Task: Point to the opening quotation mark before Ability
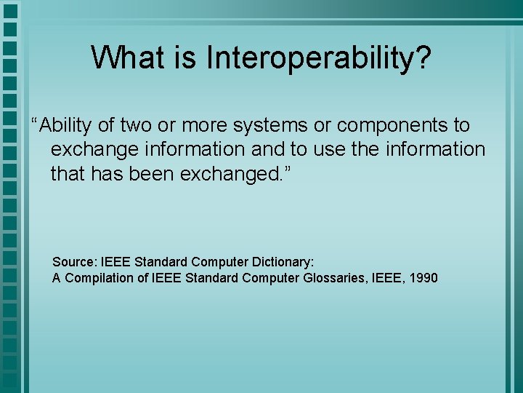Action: (34, 120)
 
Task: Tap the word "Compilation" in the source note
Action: (99, 278)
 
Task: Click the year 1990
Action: (423, 278)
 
